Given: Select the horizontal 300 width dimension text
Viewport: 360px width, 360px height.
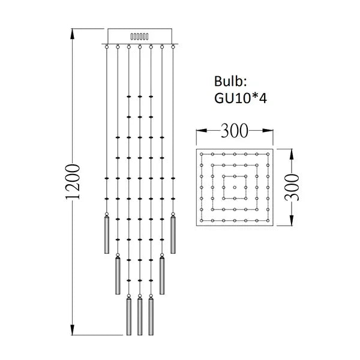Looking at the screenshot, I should click(234, 130).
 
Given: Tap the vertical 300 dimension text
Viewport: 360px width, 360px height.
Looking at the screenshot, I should click(292, 187).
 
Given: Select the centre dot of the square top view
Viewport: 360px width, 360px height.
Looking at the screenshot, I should click(234, 187).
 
